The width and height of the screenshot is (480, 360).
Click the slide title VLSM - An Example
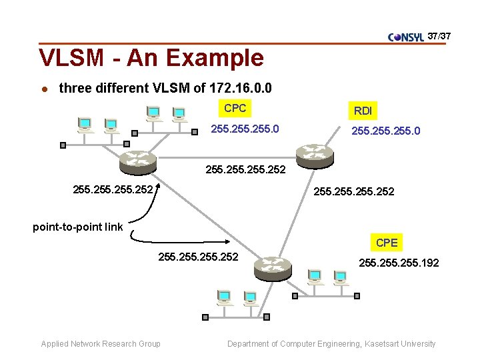151,58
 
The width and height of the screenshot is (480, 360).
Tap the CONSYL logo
406,37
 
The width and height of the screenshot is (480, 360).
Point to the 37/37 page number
439,34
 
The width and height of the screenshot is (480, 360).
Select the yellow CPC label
235,108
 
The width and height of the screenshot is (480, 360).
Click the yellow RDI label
363,111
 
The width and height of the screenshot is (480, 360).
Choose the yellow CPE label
387,243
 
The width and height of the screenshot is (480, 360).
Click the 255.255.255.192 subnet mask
399,263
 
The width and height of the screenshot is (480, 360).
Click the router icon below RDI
315,155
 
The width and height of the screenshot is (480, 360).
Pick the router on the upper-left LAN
137,160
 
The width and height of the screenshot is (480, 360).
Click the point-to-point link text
78,227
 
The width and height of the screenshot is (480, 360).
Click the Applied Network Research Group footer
101,344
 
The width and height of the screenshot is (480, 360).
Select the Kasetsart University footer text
331,344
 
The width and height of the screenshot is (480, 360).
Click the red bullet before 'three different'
43,89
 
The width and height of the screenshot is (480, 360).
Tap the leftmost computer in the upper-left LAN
85,125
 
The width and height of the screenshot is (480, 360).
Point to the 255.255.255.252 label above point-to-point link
113,191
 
